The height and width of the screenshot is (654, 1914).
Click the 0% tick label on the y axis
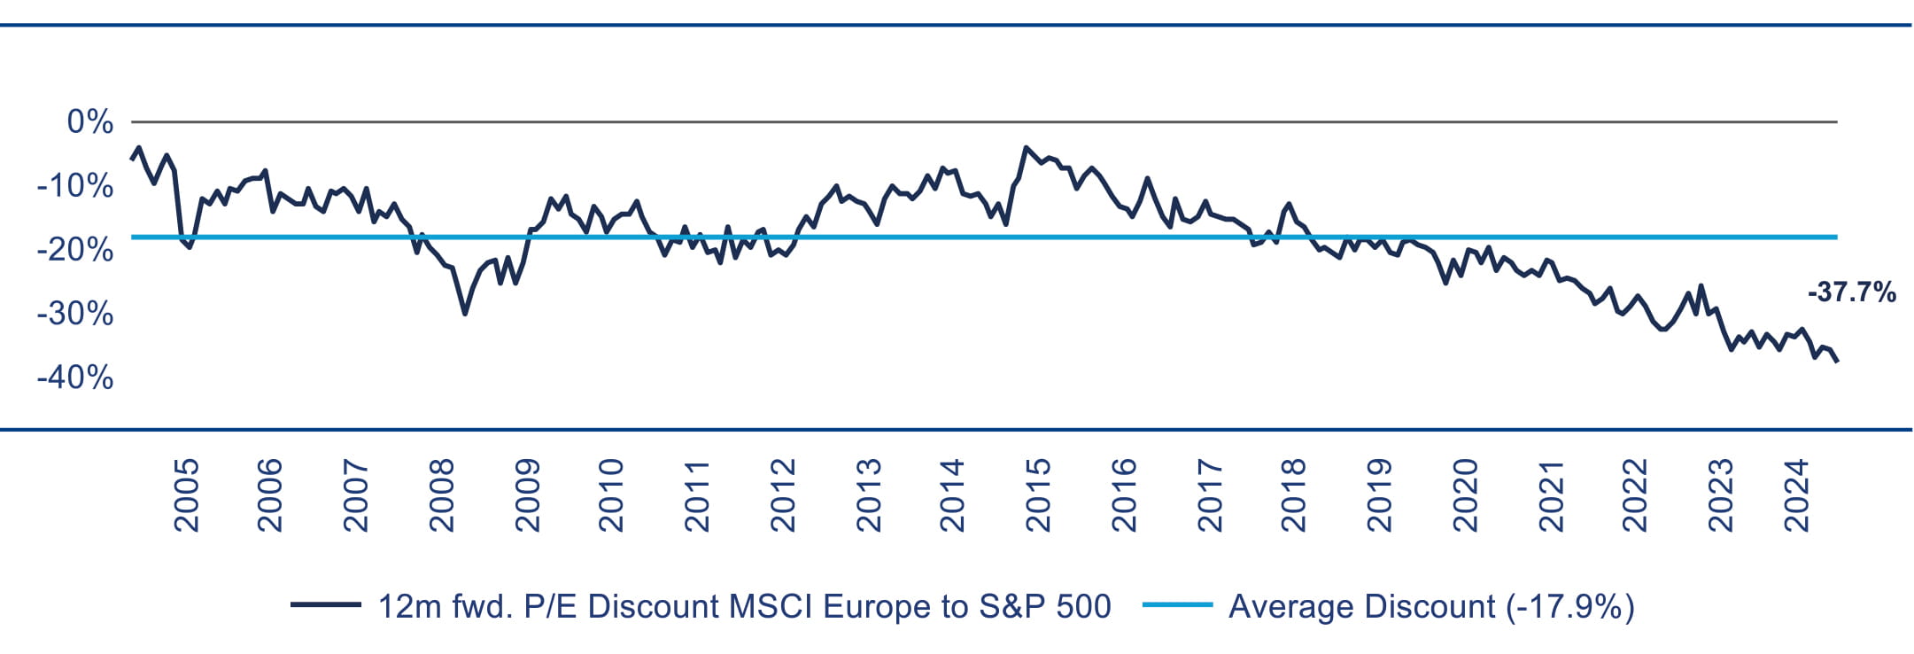click(x=90, y=122)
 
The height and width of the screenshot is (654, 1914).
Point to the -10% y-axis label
click(x=75, y=186)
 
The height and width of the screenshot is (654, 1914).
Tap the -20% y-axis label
click(x=75, y=250)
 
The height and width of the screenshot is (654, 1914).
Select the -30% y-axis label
click(x=75, y=314)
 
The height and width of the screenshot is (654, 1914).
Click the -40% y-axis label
click(x=75, y=378)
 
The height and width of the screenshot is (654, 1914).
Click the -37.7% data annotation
click(x=1851, y=292)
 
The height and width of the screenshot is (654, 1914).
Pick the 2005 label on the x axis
click(x=187, y=494)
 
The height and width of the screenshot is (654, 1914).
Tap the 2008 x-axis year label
click(x=442, y=494)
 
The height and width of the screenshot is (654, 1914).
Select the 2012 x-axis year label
click(x=784, y=494)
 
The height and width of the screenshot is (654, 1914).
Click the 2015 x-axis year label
click(x=1038, y=494)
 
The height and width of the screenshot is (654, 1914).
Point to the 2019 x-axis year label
click(x=1380, y=494)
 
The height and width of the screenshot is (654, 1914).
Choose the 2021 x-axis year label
click(x=1551, y=494)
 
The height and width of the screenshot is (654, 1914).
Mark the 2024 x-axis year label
click(x=1797, y=494)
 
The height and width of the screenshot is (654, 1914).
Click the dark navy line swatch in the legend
click(x=325, y=605)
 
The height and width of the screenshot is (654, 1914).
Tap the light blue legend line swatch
click(x=1177, y=605)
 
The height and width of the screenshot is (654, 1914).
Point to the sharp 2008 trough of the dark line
click(x=465, y=314)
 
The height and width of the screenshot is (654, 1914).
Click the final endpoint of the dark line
click(x=1837, y=361)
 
